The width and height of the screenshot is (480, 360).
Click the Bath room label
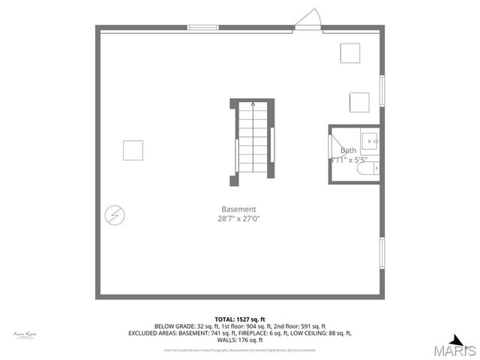point(349,151)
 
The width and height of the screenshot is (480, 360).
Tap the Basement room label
point(238,209)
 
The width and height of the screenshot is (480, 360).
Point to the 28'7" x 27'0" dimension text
point(238,219)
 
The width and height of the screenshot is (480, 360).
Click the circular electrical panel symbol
point(115,216)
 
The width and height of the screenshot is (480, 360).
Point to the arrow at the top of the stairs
point(253,105)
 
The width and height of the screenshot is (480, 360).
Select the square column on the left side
point(133,150)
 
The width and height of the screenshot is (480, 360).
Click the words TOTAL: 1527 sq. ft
point(240,319)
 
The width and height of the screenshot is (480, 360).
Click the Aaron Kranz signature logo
point(25,334)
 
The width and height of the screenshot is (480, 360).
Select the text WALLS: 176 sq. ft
point(240,340)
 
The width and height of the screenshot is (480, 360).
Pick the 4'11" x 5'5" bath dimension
point(349,160)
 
